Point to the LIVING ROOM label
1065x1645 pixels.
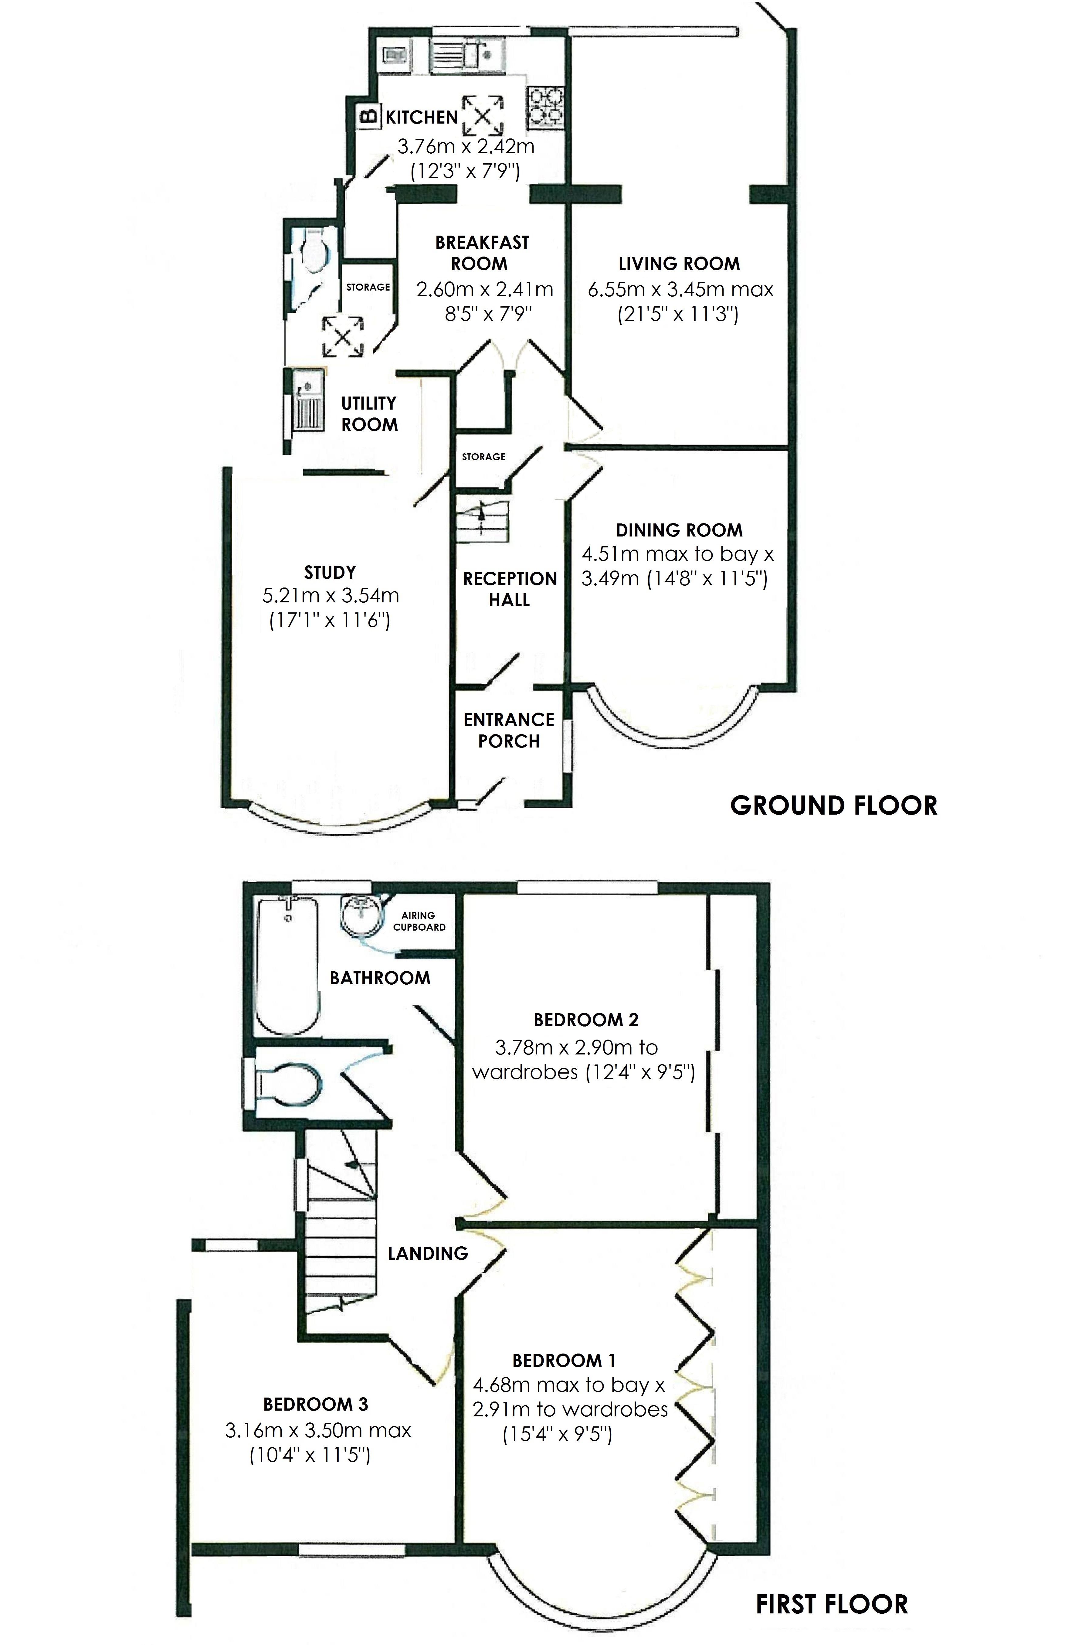tap(679, 263)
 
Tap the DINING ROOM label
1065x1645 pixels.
tap(679, 530)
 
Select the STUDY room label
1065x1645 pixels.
tap(330, 572)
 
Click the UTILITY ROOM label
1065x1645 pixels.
tap(369, 413)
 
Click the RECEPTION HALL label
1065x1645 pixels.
tap(509, 589)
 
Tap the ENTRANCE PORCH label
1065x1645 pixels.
tap(509, 730)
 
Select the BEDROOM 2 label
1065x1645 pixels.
tap(585, 1020)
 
